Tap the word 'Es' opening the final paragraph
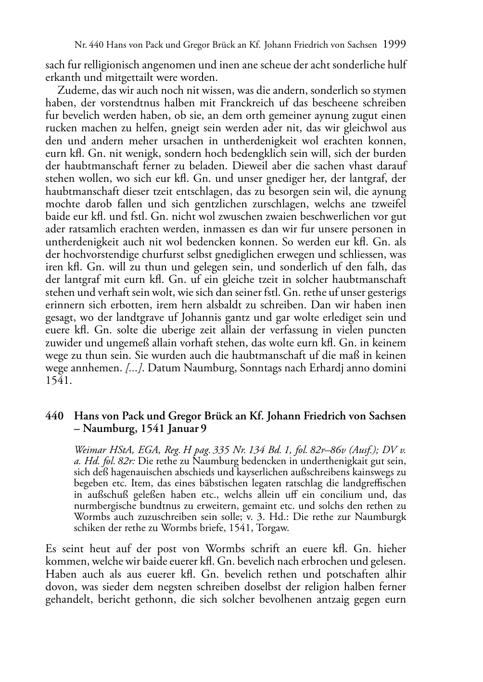pos(51,549)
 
